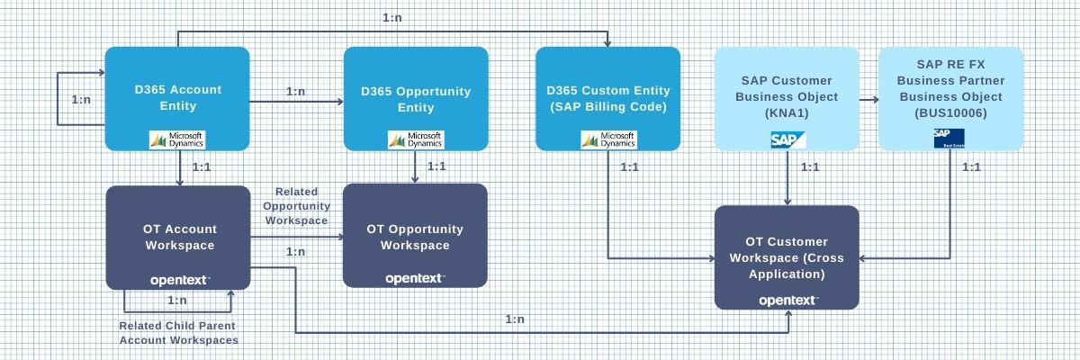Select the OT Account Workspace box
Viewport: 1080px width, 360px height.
point(177,237)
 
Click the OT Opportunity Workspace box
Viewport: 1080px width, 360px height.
point(415,236)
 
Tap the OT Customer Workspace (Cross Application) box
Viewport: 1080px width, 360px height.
point(787,256)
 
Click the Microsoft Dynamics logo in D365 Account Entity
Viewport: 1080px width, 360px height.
point(177,139)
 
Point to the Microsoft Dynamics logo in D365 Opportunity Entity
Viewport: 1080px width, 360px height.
point(415,139)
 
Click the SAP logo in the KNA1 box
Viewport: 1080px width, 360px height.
point(787,139)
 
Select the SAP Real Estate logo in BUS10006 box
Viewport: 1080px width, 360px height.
point(949,138)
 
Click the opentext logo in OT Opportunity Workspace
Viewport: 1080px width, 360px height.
point(415,278)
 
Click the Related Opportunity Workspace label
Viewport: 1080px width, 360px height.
point(296,206)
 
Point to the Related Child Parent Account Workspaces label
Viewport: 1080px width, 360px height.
point(179,332)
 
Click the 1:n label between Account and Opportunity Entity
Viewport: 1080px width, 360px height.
point(296,91)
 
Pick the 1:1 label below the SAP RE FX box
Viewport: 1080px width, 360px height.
point(971,166)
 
